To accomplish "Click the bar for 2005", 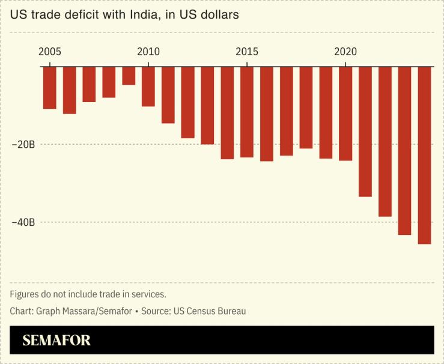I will tap(49, 88).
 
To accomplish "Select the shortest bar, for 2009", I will tap(129, 76).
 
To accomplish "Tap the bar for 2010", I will tap(148, 86).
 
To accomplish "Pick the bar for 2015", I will tap(247, 112).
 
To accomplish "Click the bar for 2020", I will tap(345, 114).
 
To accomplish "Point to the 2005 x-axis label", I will tap(49, 52).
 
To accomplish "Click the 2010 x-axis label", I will tap(148, 52).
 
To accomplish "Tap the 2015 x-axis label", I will tap(247, 52).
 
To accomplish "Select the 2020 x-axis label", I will tap(345, 52).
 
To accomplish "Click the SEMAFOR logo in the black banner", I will tap(56, 341).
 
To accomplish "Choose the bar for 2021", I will tap(365, 132).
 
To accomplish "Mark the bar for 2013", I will tap(207, 106).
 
